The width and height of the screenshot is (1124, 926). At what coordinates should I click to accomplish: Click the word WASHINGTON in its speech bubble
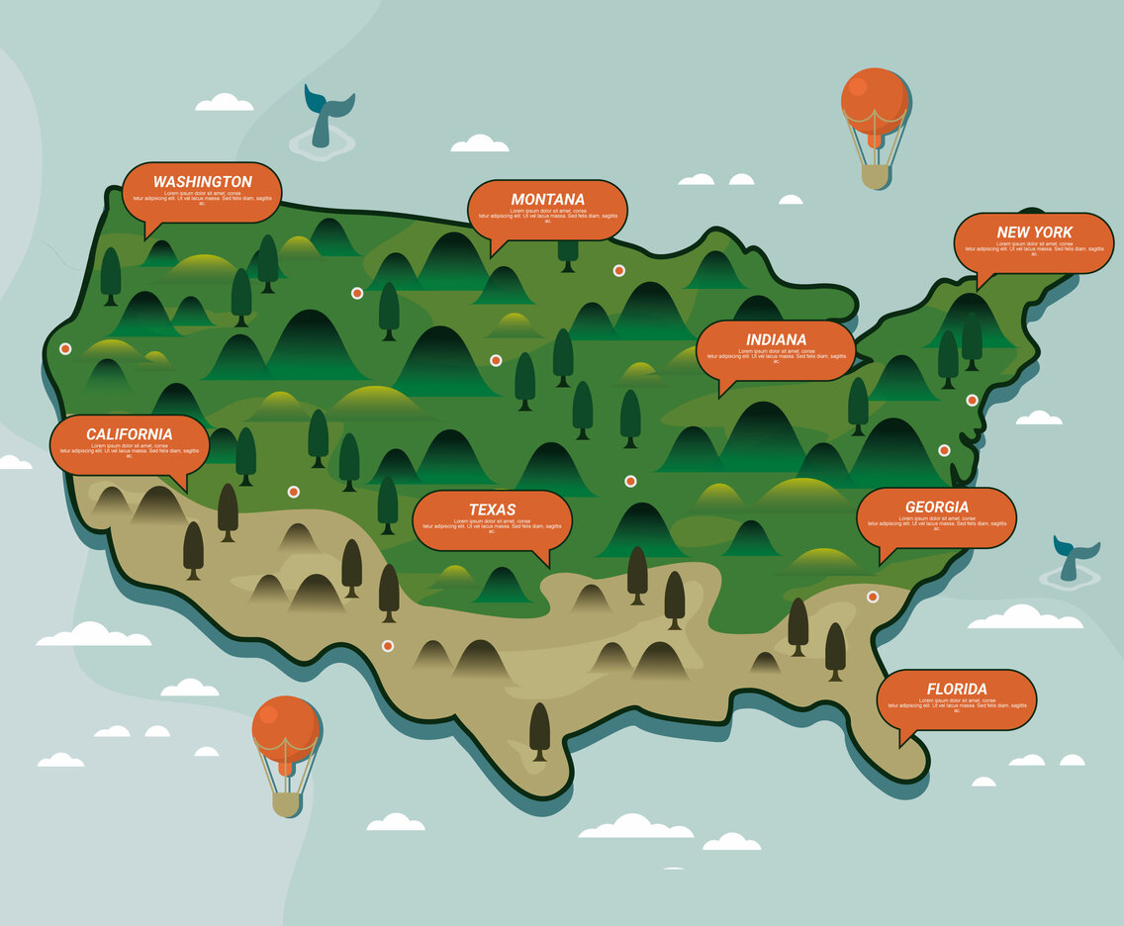(202, 182)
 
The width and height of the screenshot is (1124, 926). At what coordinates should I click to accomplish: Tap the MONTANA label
(547, 199)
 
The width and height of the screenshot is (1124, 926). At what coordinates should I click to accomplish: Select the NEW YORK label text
(1034, 232)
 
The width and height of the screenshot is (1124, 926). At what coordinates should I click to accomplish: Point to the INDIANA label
(776, 340)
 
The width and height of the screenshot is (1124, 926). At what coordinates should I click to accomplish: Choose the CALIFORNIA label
(129, 434)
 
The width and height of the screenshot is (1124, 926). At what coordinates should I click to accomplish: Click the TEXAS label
(492, 510)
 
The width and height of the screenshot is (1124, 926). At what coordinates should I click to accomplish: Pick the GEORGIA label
(936, 508)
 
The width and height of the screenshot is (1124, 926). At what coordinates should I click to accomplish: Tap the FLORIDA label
(956, 689)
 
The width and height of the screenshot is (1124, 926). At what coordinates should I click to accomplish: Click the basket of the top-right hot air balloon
(875, 176)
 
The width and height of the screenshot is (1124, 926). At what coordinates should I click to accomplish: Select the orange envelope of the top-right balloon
(875, 99)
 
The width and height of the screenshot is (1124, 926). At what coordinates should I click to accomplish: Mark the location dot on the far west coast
(65, 348)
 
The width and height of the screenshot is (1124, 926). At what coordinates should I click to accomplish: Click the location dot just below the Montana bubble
(618, 270)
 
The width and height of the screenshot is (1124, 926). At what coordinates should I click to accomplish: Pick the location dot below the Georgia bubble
(873, 597)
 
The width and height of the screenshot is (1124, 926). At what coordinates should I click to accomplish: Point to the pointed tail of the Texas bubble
(545, 559)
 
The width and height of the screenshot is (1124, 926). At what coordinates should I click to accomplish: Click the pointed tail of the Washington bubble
(149, 232)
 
